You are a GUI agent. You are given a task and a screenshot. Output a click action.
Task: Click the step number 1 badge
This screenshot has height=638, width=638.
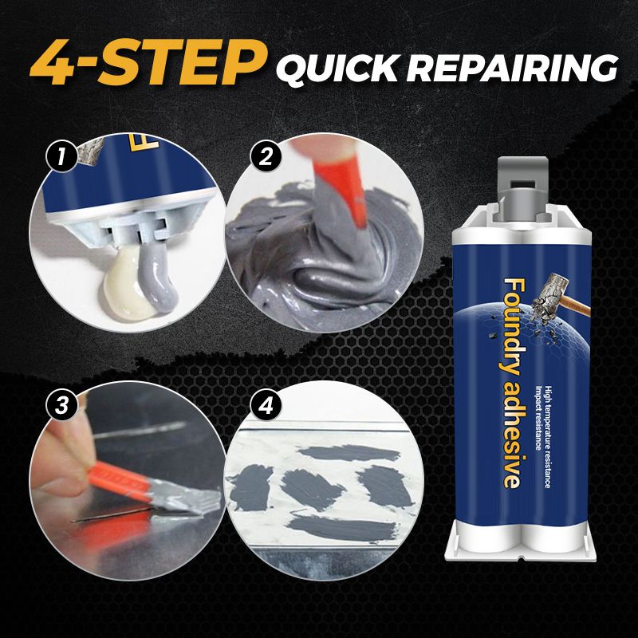[x=61, y=156]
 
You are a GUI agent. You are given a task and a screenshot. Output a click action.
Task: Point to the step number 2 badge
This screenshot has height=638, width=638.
[x=266, y=157]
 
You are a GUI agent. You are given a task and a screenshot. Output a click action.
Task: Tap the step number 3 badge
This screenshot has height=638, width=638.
[x=61, y=406]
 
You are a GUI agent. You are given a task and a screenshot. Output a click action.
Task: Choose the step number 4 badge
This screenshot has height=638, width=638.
[x=266, y=406]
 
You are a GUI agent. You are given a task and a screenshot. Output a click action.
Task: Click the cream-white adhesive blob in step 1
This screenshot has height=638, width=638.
[x=125, y=290]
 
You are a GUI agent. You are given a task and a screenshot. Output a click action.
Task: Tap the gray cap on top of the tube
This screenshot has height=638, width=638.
[x=522, y=187]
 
